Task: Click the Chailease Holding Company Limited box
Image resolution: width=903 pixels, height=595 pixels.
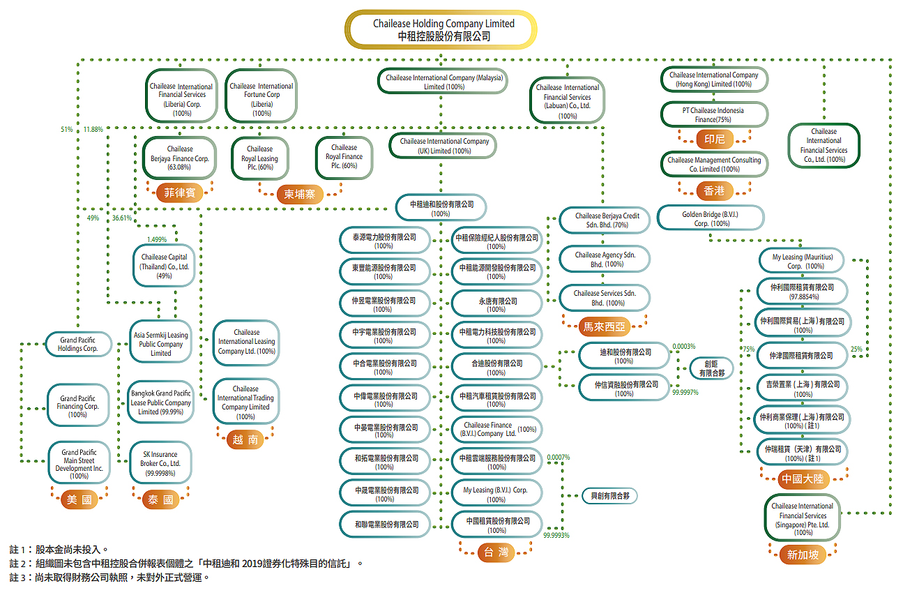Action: [x=443, y=29]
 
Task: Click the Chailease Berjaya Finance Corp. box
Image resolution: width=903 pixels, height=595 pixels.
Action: [x=180, y=158]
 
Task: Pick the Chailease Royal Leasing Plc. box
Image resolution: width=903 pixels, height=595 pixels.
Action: [x=259, y=158]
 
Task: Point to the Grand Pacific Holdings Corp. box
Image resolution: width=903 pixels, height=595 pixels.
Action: [x=77, y=344]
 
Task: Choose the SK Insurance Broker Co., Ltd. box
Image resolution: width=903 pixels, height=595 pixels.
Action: [x=160, y=463]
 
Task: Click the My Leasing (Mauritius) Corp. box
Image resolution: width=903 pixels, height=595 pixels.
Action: [x=801, y=262]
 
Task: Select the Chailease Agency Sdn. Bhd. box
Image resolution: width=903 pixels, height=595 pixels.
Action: [x=604, y=259]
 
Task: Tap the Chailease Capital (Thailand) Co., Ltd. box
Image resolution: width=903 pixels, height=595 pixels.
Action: [x=165, y=266]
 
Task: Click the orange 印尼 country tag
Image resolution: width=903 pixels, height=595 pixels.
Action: [x=714, y=140]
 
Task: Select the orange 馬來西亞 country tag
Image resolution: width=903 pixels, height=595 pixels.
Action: [x=603, y=325]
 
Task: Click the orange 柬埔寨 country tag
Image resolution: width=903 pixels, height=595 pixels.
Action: [x=299, y=194]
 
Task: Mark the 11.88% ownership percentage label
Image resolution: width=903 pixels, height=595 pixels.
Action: [x=93, y=130]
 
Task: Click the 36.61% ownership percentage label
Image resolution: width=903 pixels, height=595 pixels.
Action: [x=122, y=218]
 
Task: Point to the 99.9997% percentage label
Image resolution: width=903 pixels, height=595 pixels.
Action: [x=685, y=393]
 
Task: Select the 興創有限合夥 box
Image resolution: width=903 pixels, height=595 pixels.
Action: [x=609, y=496]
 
